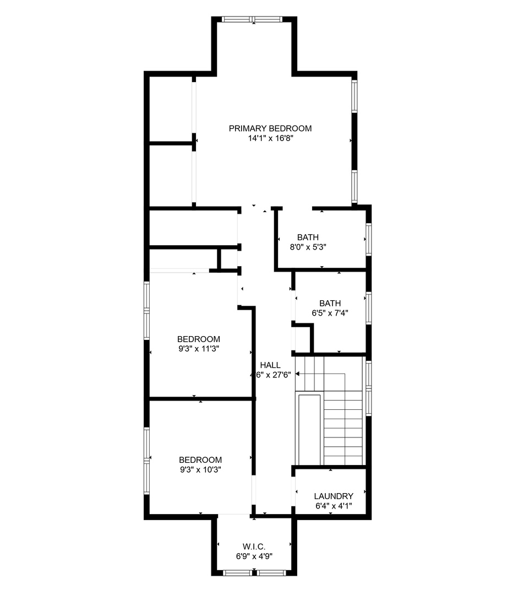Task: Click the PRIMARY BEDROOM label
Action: coord(270,128)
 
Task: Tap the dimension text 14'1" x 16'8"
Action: coord(270,139)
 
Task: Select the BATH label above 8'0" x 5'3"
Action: coord(308,237)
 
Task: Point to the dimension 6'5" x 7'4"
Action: coord(330,313)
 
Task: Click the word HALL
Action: coord(270,365)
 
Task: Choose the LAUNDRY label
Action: coord(333,496)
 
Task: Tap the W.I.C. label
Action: coord(254,547)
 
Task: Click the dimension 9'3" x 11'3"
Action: coord(199,349)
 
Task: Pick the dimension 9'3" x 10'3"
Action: coord(200,469)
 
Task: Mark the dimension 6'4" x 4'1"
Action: coord(333,506)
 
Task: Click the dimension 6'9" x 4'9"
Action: coord(254,556)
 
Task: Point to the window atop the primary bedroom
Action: coord(252,19)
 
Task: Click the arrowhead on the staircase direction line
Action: coord(297,374)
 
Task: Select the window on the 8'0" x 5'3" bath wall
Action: coord(368,239)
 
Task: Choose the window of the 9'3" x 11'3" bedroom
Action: coord(147,310)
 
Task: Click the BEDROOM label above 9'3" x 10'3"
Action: coord(200,459)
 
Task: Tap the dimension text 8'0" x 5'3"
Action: coord(308,247)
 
